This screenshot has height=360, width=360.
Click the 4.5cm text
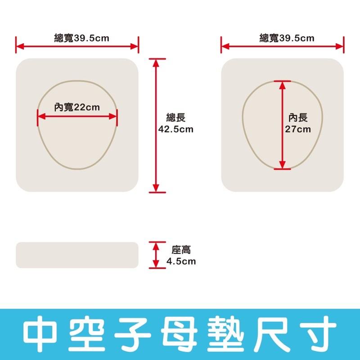click(x=181, y=261)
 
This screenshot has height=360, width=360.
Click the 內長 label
click(x=298, y=118)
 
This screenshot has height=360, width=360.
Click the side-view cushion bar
click(x=77, y=255)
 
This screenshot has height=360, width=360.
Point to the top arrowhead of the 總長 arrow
click(x=156, y=62)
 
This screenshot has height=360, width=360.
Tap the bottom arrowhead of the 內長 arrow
click(x=282, y=165)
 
